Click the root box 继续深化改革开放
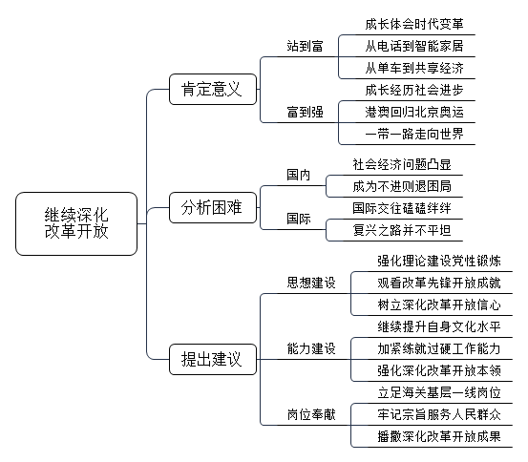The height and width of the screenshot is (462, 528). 76,223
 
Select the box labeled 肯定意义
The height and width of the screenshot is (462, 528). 213,89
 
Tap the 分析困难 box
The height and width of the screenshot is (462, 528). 213,207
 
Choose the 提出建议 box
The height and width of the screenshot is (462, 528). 213,359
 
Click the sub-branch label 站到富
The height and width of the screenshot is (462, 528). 306,46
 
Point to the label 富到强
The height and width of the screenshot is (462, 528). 306,112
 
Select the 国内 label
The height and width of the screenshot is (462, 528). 298,175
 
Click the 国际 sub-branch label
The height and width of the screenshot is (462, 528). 298,219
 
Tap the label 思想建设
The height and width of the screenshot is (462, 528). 311,283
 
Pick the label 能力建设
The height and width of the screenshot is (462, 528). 311,348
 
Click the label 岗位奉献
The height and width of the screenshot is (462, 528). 311,414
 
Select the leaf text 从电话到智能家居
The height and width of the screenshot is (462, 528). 414,46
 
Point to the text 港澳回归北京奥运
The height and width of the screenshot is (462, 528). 414,112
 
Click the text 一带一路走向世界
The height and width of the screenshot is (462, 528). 414,134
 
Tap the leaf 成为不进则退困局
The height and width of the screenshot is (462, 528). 402,186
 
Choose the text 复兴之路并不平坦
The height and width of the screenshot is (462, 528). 402,230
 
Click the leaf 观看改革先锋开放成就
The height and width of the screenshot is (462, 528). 439,283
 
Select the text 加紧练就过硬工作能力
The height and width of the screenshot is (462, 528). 439,348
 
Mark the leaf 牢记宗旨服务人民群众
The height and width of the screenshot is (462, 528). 439,414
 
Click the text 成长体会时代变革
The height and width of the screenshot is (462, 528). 414,24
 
